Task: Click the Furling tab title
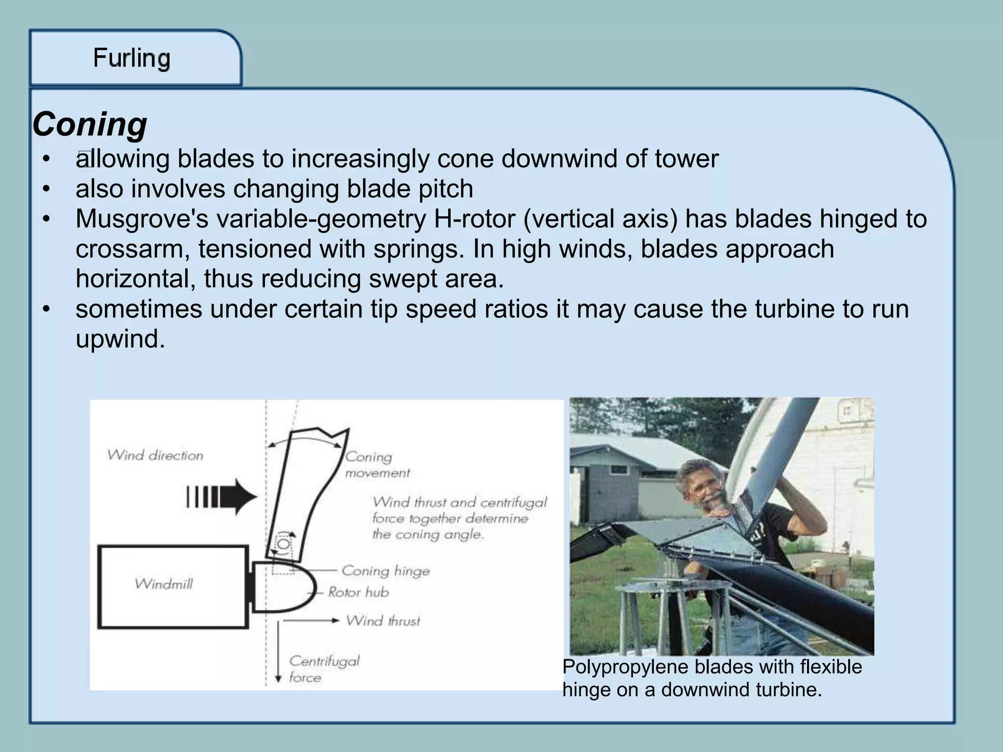pyautogui.click(x=132, y=58)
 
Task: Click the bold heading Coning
pyautogui.click(x=90, y=124)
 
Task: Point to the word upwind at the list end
pyautogui.click(x=120, y=339)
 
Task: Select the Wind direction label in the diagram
pyautogui.click(x=155, y=455)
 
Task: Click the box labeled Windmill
pyautogui.click(x=172, y=587)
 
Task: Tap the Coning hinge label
pyautogui.click(x=385, y=571)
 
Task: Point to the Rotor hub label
pyautogui.click(x=358, y=592)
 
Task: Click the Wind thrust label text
pyautogui.click(x=383, y=621)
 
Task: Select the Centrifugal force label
pyautogui.click(x=323, y=669)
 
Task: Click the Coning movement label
pyautogui.click(x=377, y=465)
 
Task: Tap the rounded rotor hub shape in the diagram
pyautogui.click(x=284, y=587)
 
